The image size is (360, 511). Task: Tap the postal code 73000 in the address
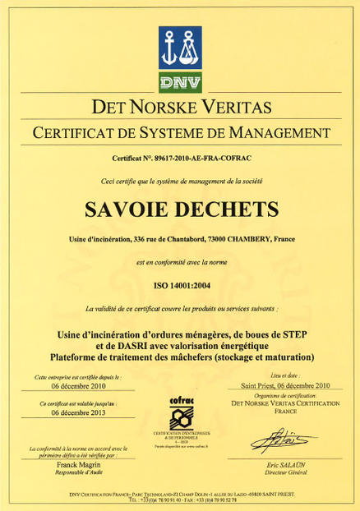pyautogui.click(x=217, y=239)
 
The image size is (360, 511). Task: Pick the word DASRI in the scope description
pyautogui.click(x=124, y=345)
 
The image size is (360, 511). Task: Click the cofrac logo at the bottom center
pyautogui.click(x=179, y=411)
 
